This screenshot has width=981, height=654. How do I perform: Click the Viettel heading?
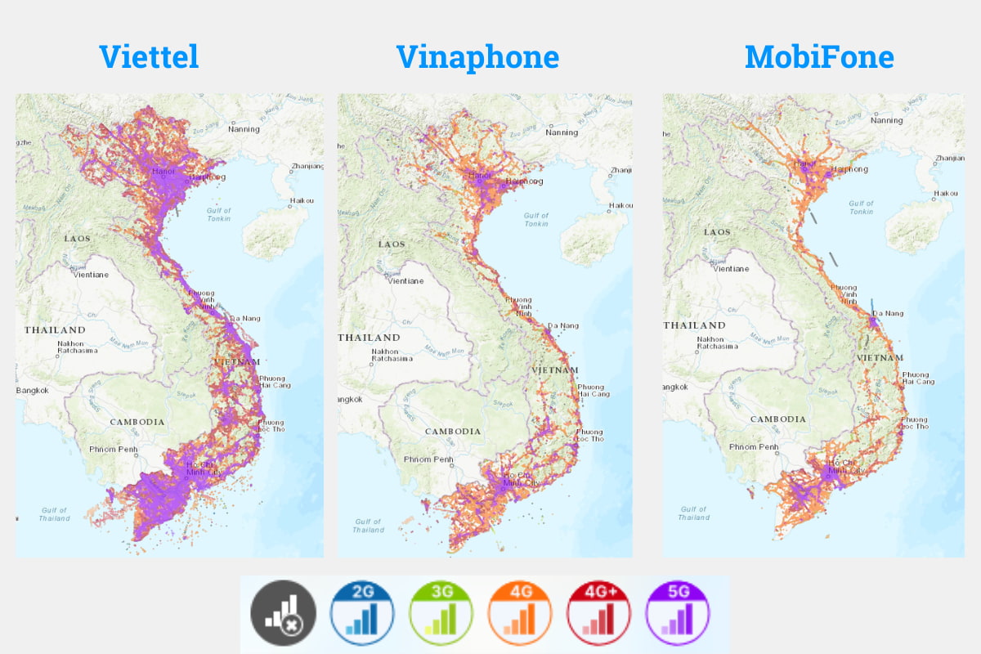(x=149, y=56)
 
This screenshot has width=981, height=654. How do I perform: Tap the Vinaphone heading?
(x=477, y=56)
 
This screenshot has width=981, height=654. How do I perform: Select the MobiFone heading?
(x=819, y=56)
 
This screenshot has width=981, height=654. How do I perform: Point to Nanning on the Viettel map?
(x=243, y=129)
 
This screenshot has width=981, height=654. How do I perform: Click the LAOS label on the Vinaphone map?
(x=392, y=244)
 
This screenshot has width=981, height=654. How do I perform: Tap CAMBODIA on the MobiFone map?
(x=778, y=419)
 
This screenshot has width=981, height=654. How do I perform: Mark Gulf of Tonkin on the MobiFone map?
(x=861, y=208)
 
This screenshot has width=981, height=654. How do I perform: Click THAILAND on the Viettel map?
(x=55, y=330)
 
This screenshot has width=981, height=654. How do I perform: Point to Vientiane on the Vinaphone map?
(x=405, y=280)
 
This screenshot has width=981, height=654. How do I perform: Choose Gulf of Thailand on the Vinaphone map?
(x=368, y=525)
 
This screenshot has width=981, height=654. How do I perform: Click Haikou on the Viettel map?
(x=302, y=200)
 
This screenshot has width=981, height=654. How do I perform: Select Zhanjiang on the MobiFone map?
(x=948, y=158)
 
